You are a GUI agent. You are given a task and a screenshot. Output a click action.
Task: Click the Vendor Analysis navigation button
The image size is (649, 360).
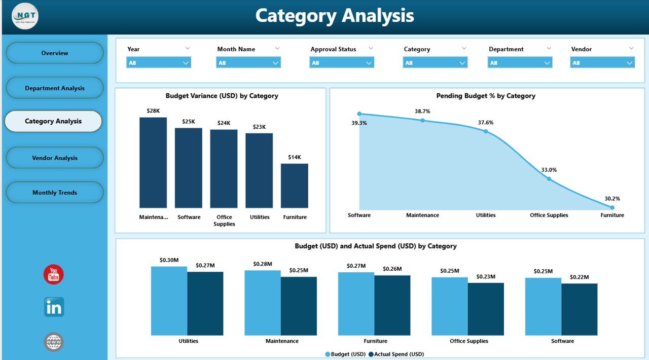point(55,158)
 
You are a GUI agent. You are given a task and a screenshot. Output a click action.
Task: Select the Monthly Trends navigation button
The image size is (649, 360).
point(55,192)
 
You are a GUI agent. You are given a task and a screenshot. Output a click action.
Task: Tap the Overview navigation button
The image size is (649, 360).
point(55,53)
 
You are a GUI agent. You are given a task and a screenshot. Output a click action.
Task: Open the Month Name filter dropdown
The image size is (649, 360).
point(248,62)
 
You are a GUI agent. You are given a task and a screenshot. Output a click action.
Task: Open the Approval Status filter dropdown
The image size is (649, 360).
point(342,62)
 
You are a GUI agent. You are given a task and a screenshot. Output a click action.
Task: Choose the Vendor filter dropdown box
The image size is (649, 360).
point(602,62)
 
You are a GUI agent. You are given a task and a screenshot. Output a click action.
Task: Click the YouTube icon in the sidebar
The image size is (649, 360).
point(54,274)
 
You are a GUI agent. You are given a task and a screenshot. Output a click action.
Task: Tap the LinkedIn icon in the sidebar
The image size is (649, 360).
point(54,307)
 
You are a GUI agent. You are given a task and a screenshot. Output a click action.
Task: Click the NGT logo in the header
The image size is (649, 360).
point(25,16)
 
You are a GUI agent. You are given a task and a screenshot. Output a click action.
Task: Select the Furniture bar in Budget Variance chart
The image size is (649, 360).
point(295,186)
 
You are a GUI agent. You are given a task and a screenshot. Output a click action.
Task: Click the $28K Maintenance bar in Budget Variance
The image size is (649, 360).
point(153,162)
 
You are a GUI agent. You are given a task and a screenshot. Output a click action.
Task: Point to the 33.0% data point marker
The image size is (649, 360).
point(549,178)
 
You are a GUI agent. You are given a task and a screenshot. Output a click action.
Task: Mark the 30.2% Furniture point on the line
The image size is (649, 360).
point(612,207)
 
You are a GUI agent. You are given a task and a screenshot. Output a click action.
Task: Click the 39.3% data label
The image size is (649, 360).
point(359,123)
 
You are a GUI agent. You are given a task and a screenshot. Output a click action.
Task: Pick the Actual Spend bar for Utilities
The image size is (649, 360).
point(205,303)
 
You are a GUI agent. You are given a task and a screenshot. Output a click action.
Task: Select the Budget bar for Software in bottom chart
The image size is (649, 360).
point(543,306)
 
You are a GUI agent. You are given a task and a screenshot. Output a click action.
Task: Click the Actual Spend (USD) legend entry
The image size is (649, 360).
point(396,354)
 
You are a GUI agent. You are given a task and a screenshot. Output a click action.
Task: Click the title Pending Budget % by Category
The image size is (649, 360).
point(486,95)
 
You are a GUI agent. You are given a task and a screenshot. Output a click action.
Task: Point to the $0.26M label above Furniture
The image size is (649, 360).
point(392,269)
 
